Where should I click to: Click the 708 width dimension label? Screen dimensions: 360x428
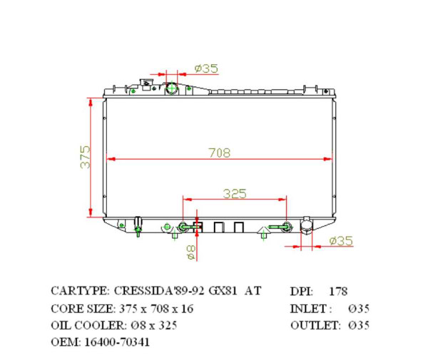point(220,152)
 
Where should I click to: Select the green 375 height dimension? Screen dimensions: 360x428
point(85,157)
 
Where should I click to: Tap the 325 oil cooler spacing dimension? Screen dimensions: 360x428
point(235,193)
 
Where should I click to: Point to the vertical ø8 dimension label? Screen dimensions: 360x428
point(190,250)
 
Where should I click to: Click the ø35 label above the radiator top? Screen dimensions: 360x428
point(206,68)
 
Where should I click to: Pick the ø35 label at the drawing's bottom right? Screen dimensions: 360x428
point(341,241)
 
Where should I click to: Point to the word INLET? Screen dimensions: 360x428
point(310,309)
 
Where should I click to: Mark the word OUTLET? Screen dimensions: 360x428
point(315,326)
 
